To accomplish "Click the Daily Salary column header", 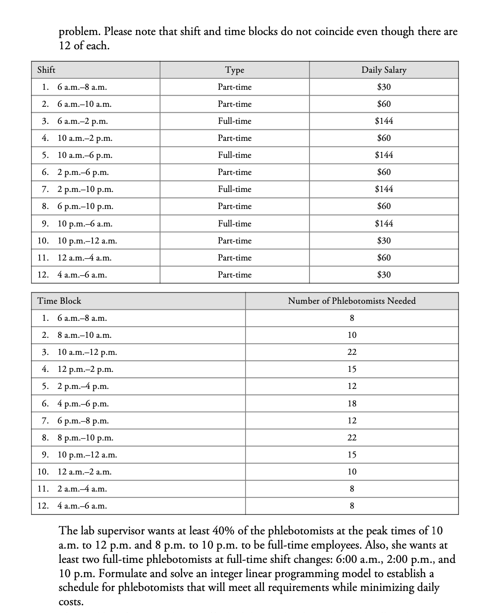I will (384, 70).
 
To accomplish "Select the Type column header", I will (235, 70).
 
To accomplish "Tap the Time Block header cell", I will (59, 301).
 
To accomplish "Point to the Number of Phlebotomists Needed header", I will (352, 301).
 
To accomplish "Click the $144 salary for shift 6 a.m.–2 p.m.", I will (384, 121).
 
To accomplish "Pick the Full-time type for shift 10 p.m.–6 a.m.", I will (235, 224).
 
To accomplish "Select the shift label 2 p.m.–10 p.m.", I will (85, 190).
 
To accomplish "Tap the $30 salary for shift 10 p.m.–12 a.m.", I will (384, 241).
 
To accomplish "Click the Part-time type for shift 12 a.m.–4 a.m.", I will (235, 258).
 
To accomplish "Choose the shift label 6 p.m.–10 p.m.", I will (85, 207).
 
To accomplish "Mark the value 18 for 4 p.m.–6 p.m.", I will (352, 404).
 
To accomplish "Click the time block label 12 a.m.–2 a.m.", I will (84, 472).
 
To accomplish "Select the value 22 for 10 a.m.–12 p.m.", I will (352, 352).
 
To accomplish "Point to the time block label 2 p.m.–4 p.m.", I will (83, 387).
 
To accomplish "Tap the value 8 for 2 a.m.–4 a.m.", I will (352, 489).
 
